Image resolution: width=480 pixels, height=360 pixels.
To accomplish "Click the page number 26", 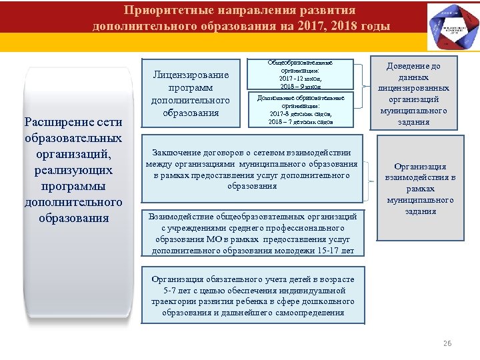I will click(447, 343).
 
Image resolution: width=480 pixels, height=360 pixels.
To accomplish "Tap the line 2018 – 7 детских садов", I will click(300, 122).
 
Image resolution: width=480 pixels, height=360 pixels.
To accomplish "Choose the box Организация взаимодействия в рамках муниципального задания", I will click(420, 189).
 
